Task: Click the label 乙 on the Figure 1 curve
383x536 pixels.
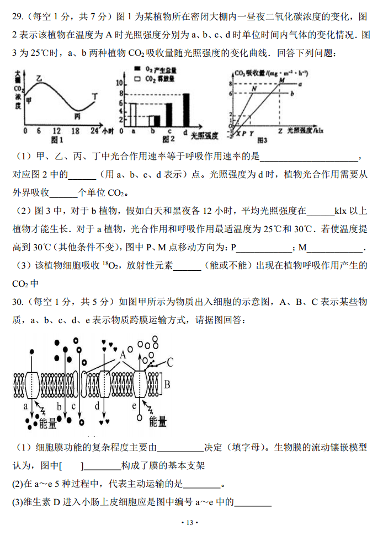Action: [x=39, y=79]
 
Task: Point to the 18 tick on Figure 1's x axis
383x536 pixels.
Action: [x=76, y=131]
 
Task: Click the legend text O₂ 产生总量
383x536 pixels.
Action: [x=161, y=69]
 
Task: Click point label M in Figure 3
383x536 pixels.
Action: [x=281, y=80]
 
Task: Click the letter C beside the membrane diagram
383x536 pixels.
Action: [x=170, y=362]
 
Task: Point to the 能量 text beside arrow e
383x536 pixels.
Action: [x=158, y=422]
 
